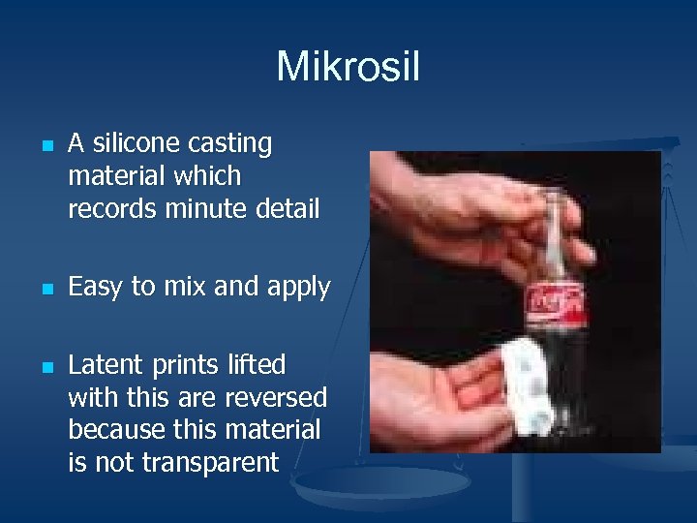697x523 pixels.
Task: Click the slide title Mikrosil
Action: coord(348,67)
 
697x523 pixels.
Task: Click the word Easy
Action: coord(96,288)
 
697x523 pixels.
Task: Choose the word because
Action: coord(115,430)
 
